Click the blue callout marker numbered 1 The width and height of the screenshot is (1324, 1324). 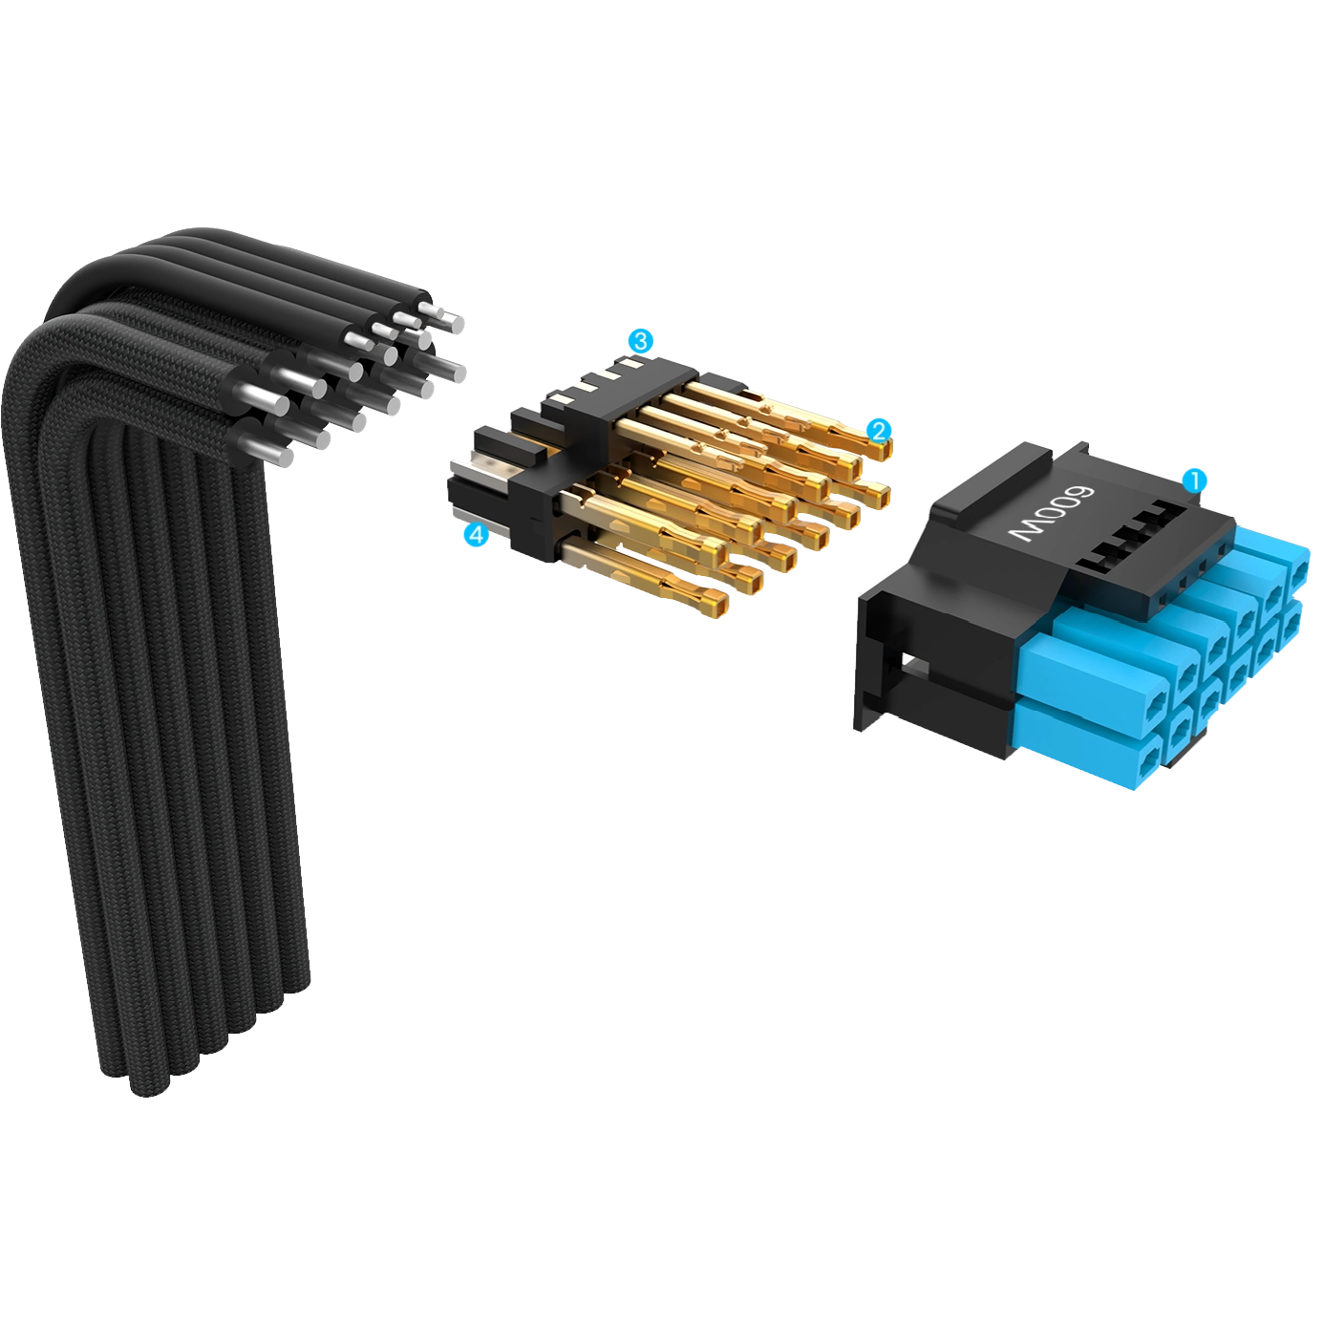[1195, 481]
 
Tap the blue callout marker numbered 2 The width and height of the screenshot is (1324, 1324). [879, 431]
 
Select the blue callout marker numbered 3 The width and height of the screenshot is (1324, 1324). [640, 341]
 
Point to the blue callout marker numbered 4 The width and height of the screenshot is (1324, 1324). [476, 535]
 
